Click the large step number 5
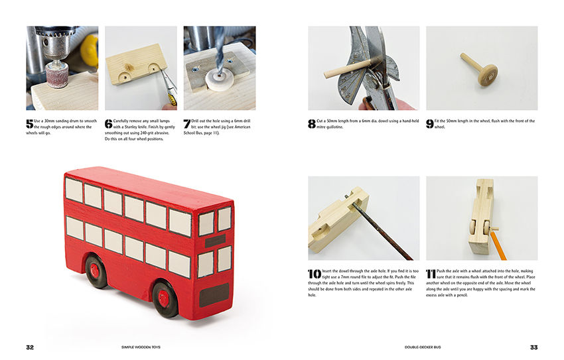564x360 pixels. click(29, 123)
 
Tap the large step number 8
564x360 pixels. click(311, 123)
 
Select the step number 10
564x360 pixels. click(315, 274)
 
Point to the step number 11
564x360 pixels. click(431, 274)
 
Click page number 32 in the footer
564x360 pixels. click(30, 347)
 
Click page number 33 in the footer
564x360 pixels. click(533, 347)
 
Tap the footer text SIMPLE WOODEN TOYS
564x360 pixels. click(141, 347)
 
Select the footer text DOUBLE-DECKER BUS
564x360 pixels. click(423, 347)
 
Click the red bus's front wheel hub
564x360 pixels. click(163, 298)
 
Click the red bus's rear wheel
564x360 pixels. click(96, 271)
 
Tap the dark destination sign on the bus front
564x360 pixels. click(215, 241)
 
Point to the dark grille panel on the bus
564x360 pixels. click(214, 294)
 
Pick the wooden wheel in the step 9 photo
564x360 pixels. click(488, 75)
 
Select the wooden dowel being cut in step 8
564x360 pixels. click(347, 68)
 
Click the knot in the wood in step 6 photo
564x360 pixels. click(129, 67)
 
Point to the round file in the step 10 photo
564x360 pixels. click(382, 231)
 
